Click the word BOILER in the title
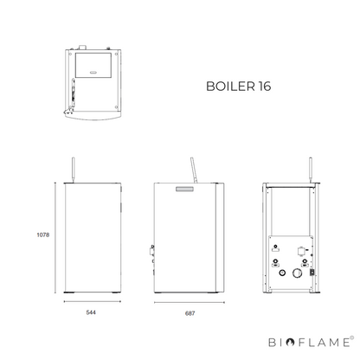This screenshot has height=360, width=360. click(x=230, y=87)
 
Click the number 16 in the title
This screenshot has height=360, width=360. click(x=265, y=87)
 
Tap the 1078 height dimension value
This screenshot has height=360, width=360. click(x=43, y=235)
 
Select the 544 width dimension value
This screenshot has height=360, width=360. click(x=91, y=312)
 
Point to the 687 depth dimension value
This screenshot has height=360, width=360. click(x=190, y=313)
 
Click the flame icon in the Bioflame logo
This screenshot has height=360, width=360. click(x=290, y=343)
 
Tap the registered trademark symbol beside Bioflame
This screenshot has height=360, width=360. click(x=351, y=337)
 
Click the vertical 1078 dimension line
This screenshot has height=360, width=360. click(x=55, y=238)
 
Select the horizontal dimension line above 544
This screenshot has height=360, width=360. click(x=93, y=302)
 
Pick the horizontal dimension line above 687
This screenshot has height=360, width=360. click(x=190, y=303)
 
